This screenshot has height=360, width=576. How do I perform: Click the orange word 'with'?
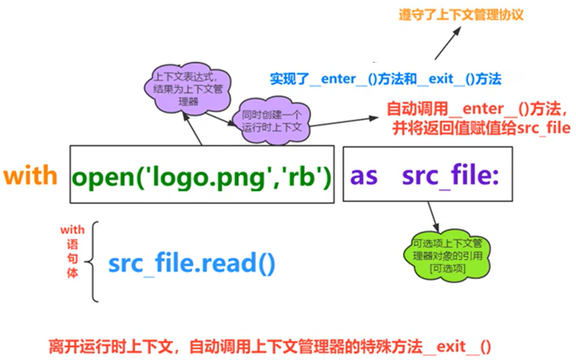pyautogui.click(x=31, y=175)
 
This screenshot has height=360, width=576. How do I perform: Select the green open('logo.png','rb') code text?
pyautogui.click(x=201, y=175)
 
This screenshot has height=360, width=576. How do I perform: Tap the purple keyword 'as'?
pyautogui.click(x=365, y=175)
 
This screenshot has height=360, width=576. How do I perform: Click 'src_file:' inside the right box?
pyautogui.click(x=449, y=175)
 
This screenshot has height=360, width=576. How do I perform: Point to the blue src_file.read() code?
pyautogui.click(x=191, y=263)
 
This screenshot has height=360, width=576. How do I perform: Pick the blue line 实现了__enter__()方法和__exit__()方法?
pyautogui.click(x=385, y=79)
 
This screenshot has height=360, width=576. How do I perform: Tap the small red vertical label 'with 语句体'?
pyautogui.click(x=72, y=249)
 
